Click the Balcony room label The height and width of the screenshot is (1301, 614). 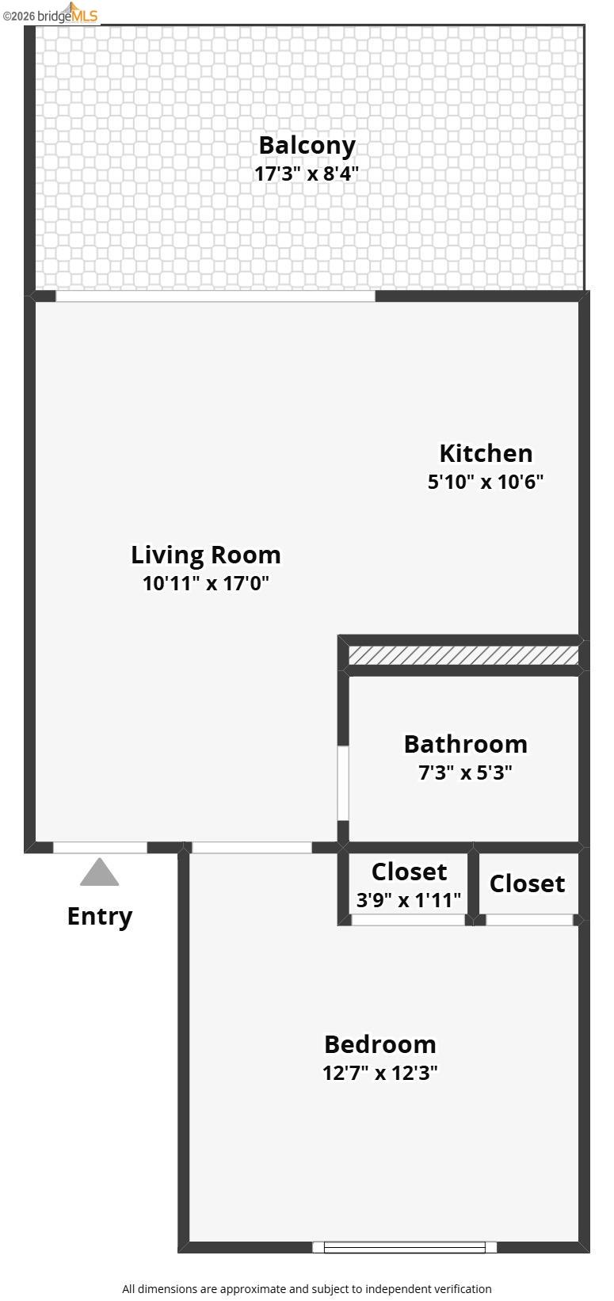click(307, 145)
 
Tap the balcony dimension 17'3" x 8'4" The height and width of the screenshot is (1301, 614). click(307, 174)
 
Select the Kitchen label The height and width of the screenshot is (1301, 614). click(486, 453)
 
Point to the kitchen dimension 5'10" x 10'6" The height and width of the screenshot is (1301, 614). click(486, 481)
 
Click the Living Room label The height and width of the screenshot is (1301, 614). click(206, 555)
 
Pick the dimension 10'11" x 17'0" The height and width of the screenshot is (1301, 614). click(206, 583)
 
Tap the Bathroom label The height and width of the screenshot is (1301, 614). click(465, 744)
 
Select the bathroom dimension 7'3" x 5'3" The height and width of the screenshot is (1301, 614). click(465, 772)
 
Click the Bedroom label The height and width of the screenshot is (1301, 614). click(380, 1044)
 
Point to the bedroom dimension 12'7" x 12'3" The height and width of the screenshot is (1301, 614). click(380, 1073)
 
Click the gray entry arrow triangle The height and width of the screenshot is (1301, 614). click(100, 873)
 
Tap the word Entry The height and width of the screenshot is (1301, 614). click(100, 916)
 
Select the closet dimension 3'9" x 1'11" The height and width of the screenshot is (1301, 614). click(409, 899)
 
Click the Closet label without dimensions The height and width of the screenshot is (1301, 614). click(527, 883)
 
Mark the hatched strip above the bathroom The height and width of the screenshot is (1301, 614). click(463, 655)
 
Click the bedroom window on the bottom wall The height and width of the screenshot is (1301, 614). click(405, 1247)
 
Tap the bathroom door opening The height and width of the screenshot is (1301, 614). click(343, 783)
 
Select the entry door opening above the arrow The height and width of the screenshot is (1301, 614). click(100, 848)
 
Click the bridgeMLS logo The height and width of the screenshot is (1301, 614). click(51, 13)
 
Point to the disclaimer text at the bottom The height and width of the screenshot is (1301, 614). click(307, 1289)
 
